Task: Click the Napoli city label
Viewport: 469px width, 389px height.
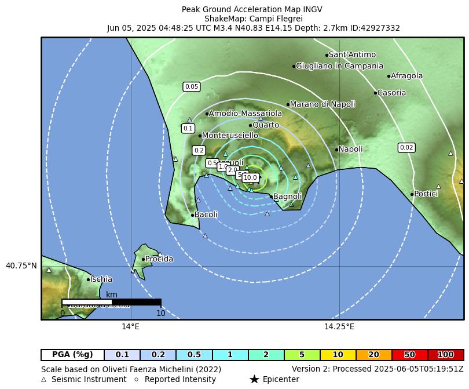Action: click(350, 149)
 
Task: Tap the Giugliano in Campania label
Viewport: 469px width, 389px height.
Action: click(339, 66)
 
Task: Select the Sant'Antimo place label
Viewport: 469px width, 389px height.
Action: click(352, 54)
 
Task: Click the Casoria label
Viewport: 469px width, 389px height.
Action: click(391, 93)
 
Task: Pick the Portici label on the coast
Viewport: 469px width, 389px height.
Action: click(426, 194)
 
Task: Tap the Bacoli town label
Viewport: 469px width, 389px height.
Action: click(206, 215)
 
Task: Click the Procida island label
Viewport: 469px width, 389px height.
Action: click(159, 259)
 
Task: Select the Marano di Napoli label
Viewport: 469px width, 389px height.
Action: click(322, 104)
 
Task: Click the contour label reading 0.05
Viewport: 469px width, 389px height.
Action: click(191, 87)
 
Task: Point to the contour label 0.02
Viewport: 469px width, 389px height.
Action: click(406, 147)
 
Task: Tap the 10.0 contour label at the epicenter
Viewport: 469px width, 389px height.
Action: click(250, 178)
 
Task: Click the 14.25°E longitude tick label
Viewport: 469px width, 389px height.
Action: click(339, 327)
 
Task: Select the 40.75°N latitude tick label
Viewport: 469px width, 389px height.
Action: click(21, 266)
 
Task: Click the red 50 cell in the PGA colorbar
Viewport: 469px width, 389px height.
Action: click(409, 355)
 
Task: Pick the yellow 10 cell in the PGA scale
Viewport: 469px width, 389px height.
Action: click(338, 355)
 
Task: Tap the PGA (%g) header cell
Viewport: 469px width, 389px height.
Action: click(72, 355)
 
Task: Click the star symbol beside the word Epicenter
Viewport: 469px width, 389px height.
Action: click(254, 379)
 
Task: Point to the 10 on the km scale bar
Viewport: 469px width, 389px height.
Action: click(160, 313)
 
